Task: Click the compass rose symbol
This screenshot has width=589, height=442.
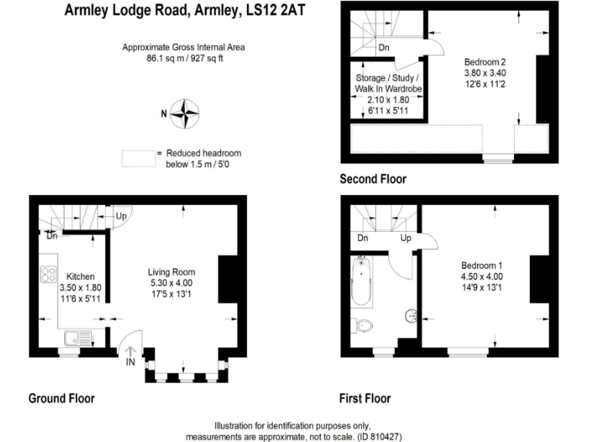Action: click(184, 114)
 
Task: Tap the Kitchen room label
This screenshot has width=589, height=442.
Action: click(80, 276)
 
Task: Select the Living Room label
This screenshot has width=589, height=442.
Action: click(171, 272)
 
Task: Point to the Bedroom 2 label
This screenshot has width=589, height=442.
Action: click(485, 61)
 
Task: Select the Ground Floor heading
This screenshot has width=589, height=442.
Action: click(61, 398)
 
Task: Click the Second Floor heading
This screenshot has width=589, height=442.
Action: click(373, 179)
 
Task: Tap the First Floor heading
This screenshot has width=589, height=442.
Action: click(365, 398)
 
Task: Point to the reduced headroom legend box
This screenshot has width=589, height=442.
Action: click(137, 158)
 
